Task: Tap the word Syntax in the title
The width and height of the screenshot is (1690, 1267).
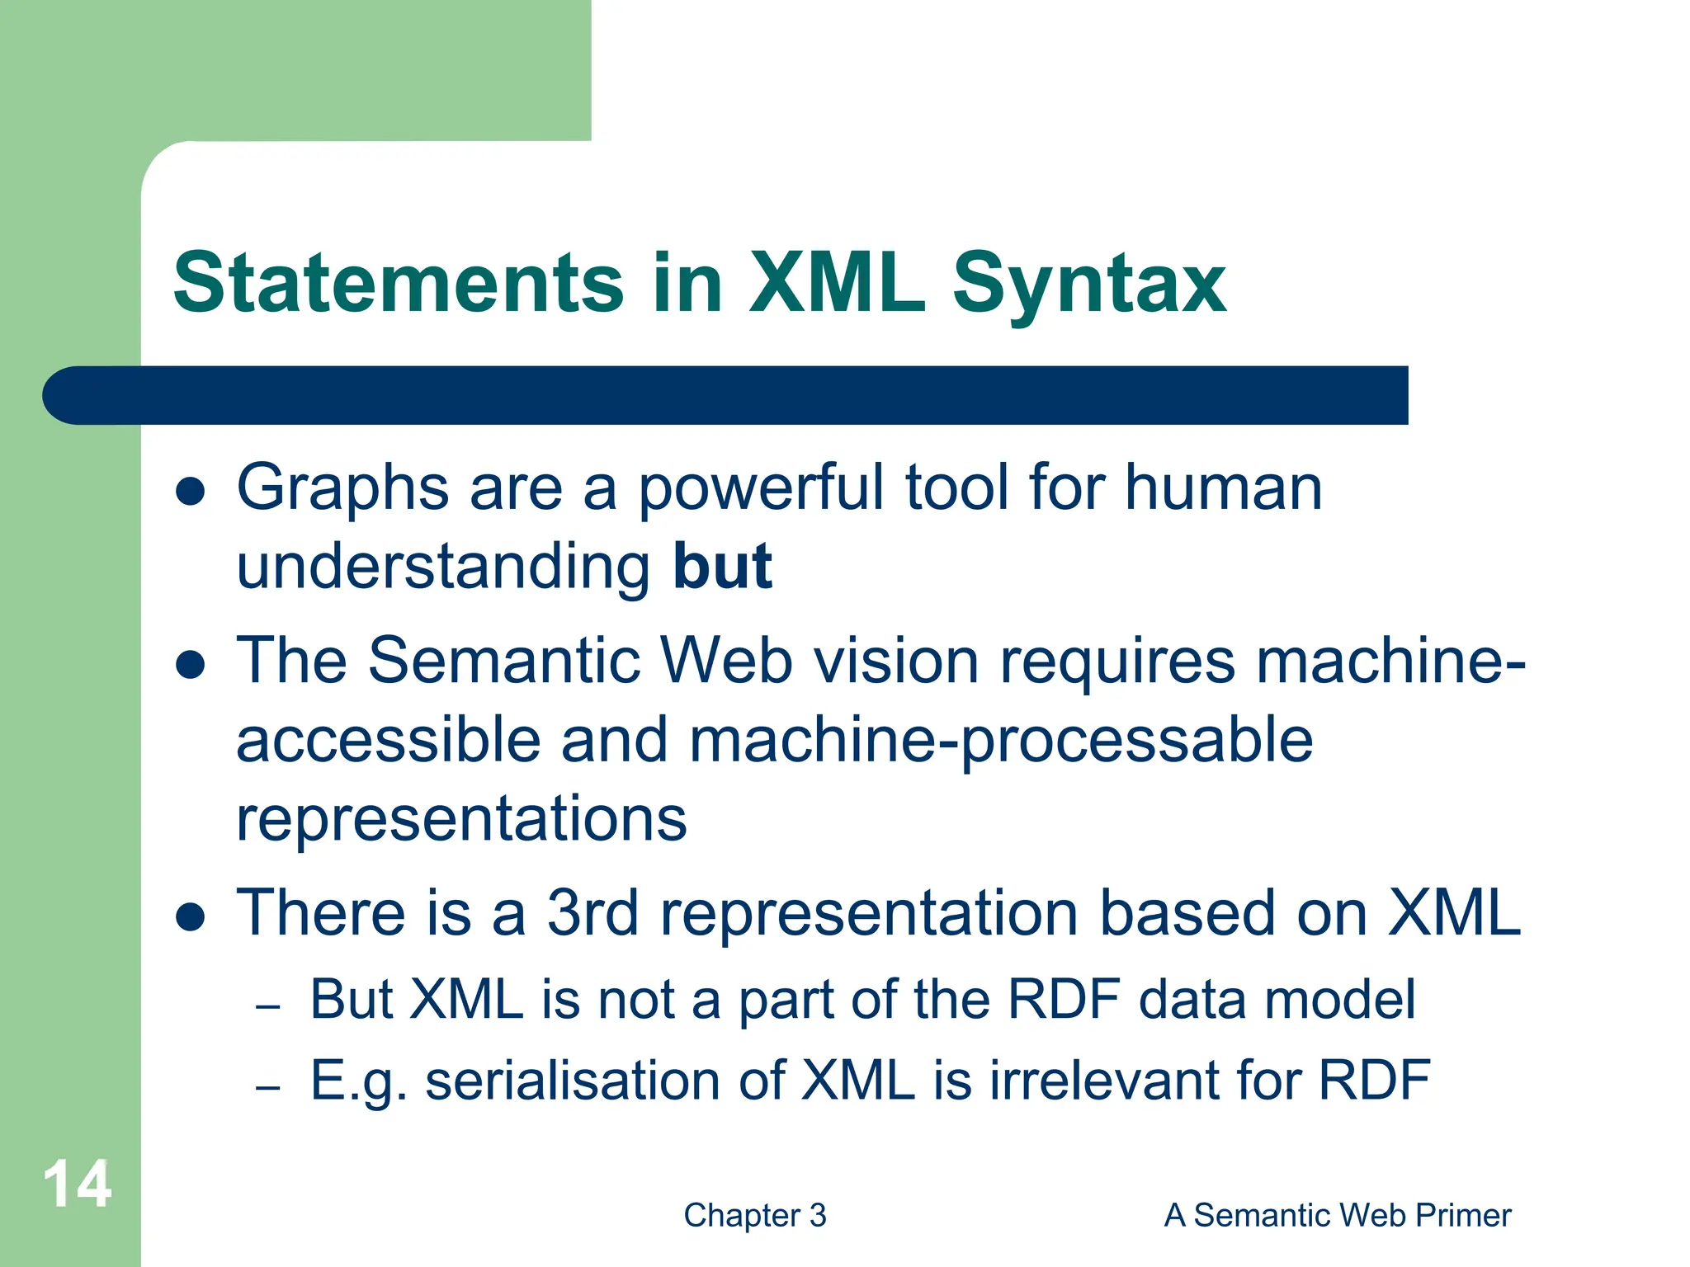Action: tap(1089, 285)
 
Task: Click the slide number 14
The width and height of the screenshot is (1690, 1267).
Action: tap(77, 1185)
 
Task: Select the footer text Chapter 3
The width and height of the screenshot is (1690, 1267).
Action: tap(754, 1215)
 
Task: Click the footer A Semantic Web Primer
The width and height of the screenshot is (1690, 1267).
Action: tap(1337, 1215)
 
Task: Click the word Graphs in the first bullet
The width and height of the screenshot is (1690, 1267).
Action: tap(342, 488)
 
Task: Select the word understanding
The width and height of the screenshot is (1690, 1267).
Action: tap(444, 568)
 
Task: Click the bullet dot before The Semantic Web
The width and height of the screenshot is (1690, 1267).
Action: tap(191, 664)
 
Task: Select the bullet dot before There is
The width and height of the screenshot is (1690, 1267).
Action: tap(191, 916)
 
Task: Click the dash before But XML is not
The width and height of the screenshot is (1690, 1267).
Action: tap(268, 1007)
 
